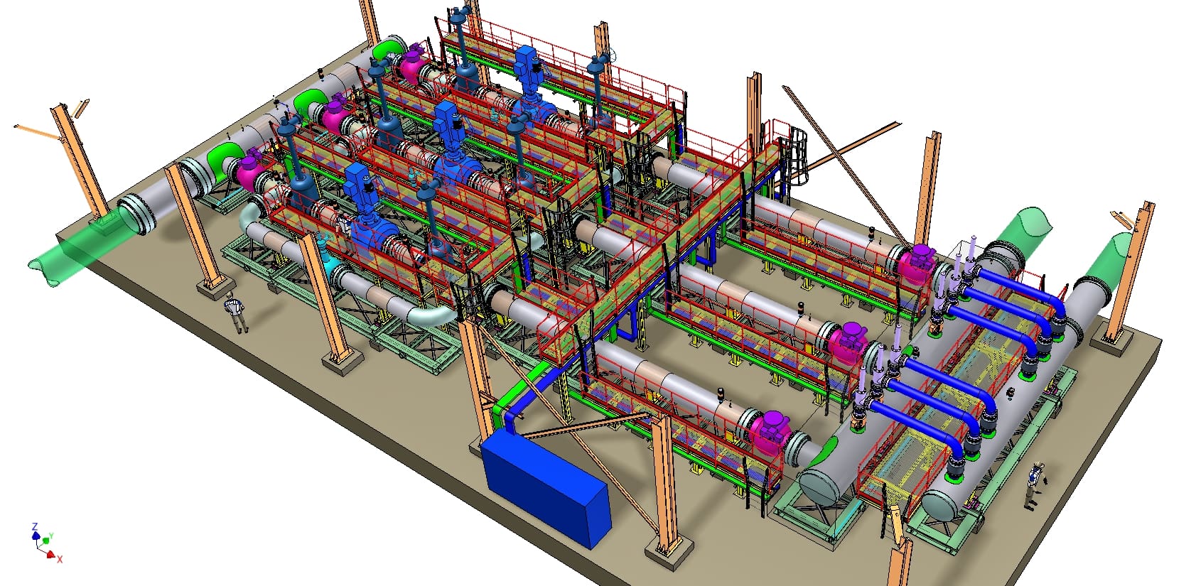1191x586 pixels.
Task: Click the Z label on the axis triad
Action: coord(35,526)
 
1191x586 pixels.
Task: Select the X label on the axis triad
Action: coord(60,560)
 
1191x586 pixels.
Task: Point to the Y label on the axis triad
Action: coord(51,536)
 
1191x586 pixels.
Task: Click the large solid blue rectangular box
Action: coord(545,488)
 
